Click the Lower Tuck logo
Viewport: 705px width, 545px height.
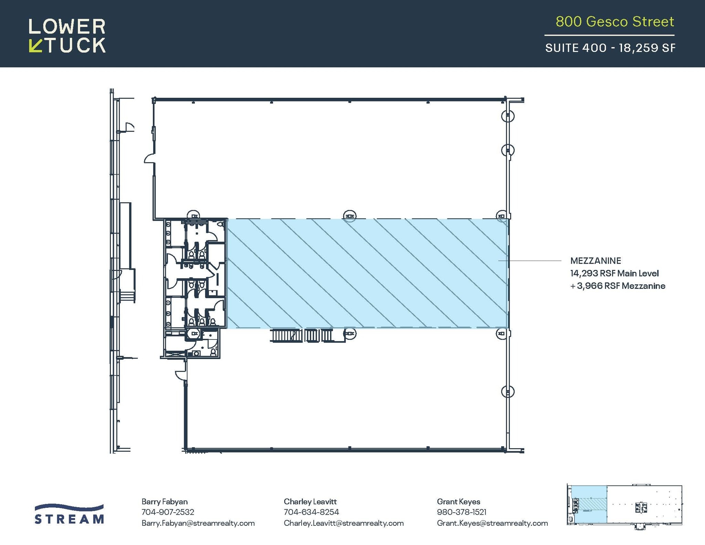coord(67,35)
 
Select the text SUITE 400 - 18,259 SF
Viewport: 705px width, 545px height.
coord(610,48)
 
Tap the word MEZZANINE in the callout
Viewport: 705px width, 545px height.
coord(596,261)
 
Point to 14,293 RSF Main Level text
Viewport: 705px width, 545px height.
coord(614,273)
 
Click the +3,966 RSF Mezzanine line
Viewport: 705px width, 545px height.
coord(618,286)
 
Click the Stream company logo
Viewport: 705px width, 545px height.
coord(69,514)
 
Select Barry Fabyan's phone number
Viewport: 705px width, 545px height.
coord(168,512)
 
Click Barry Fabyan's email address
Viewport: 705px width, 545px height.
coord(198,523)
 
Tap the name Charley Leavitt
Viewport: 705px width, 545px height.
coord(310,502)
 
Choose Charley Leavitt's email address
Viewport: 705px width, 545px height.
coord(343,523)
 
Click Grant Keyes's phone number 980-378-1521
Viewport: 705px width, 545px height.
coord(461,512)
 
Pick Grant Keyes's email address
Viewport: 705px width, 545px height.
coord(492,523)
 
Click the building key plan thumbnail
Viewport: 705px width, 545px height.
coord(624,505)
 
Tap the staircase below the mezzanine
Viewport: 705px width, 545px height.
coord(301,336)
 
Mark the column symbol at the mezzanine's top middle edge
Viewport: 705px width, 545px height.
coord(349,216)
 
